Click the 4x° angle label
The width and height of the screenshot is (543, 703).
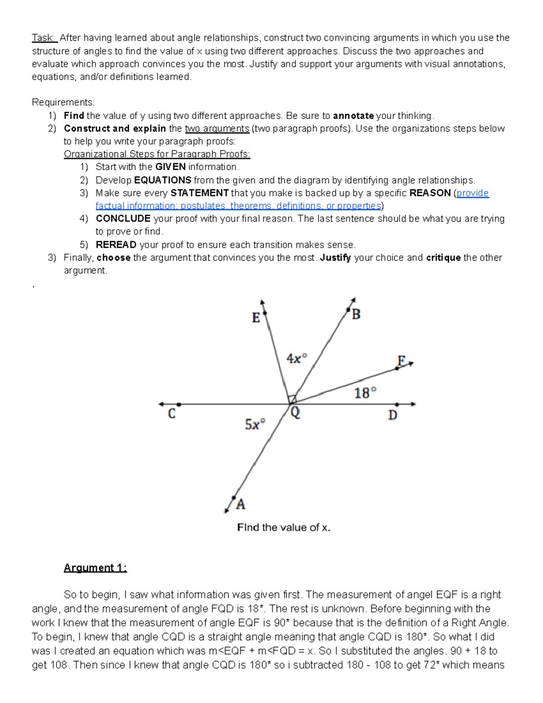[x=296, y=359]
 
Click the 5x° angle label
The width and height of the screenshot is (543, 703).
[x=255, y=424]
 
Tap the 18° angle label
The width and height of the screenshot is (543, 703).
[x=365, y=392]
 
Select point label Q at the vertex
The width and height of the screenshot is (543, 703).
[x=295, y=413]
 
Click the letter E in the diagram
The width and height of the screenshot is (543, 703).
[x=256, y=318]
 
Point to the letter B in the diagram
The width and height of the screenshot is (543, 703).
[x=356, y=314]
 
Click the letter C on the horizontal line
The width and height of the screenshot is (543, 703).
[x=171, y=414]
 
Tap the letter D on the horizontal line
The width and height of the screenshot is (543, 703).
[x=392, y=415]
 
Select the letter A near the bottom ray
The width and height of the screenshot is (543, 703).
[x=241, y=504]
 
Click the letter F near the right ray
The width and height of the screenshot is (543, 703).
[x=401, y=360]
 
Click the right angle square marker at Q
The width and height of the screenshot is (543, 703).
[x=292, y=399]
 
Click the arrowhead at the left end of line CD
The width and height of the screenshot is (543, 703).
[x=161, y=404]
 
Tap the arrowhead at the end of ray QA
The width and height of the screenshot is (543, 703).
[x=227, y=511]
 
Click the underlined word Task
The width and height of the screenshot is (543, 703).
[x=43, y=38]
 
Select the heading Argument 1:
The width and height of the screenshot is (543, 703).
[x=95, y=568]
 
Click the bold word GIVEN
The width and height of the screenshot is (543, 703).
[x=170, y=167]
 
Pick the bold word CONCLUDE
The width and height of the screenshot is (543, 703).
[x=123, y=219]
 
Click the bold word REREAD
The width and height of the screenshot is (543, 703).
[x=116, y=245]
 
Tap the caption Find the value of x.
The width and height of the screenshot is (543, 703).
[x=284, y=527]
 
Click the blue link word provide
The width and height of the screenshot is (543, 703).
[x=472, y=193]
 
